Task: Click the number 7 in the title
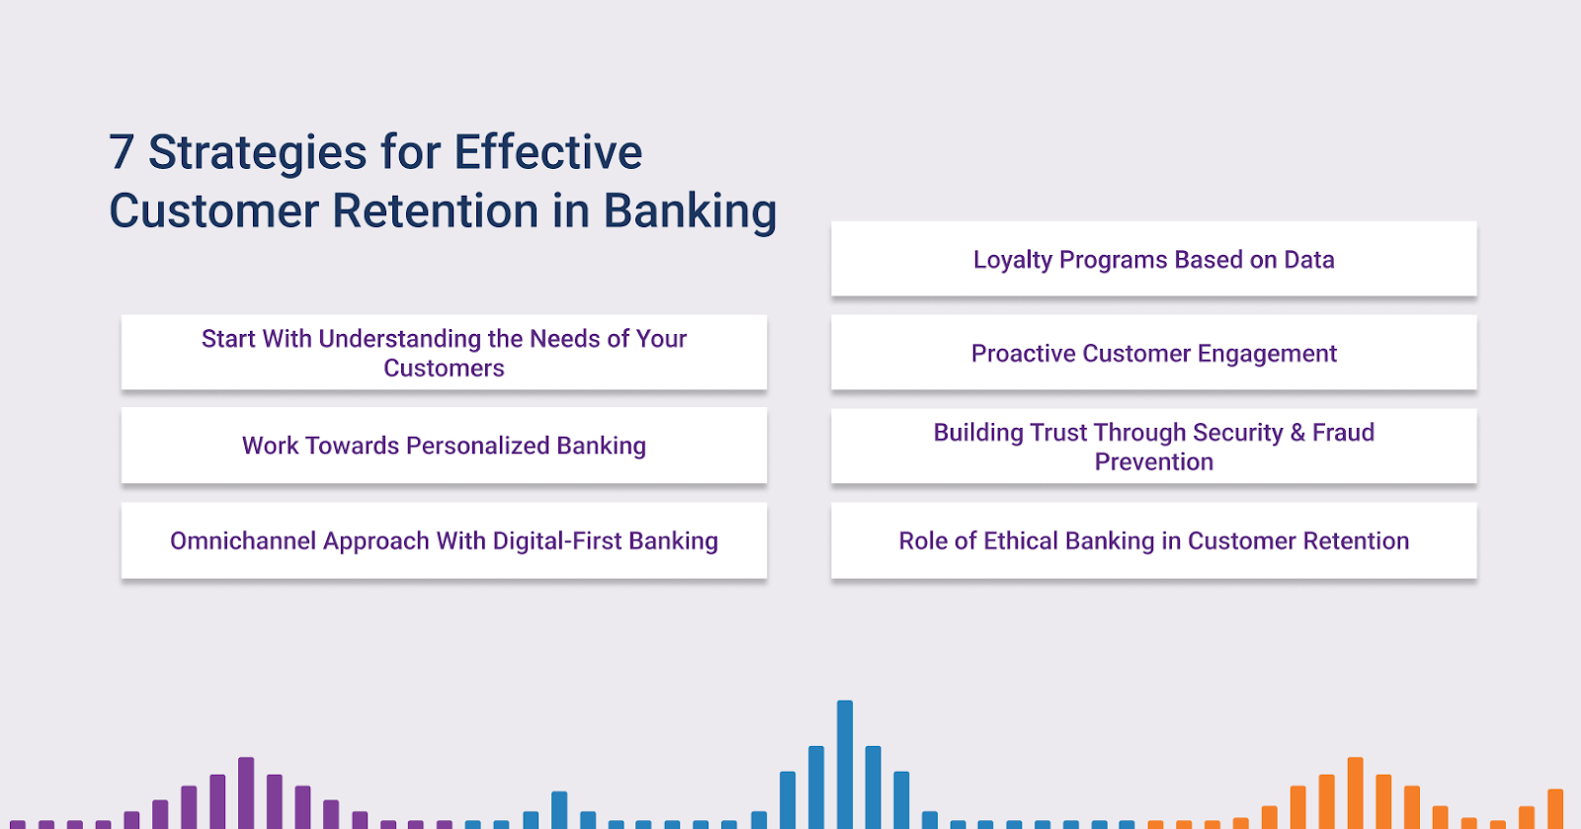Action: pyautogui.click(x=122, y=152)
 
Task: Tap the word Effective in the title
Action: pyautogui.click(x=547, y=152)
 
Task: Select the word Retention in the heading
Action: pyautogui.click(x=436, y=210)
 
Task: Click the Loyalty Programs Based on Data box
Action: pyautogui.click(x=1154, y=259)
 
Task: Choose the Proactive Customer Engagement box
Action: pyautogui.click(x=1154, y=353)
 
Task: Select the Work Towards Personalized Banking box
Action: pyautogui.click(x=444, y=446)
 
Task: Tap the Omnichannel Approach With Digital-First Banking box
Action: pyautogui.click(x=444, y=540)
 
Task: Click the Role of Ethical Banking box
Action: pyautogui.click(x=1154, y=540)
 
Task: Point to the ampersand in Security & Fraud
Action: pyautogui.click(x=1297, y=433)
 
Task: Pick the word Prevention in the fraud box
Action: pyautogui.click(x=1154, y=462)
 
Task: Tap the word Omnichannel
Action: pyautogui.click(x=243, y=541)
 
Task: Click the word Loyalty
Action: pyautogui.click(x=1013, y=260)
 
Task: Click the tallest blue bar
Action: pyautogui.click(x=845, y=765)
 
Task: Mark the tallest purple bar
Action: pyautogui.click(x=246, y=793)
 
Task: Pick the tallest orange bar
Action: pyautogui.click(x=1355, y=793)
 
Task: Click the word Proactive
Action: pyautogui.click(x=1024, y=354)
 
